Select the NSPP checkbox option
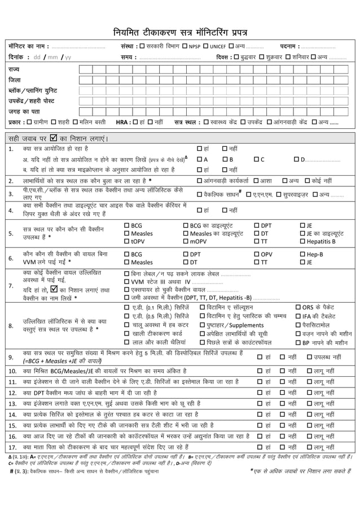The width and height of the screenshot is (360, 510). (184, 46)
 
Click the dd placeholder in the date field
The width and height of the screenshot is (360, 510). (38, 58)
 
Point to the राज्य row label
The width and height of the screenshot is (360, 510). (14, 70)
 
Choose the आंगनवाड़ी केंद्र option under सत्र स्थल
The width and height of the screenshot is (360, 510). (270, 122)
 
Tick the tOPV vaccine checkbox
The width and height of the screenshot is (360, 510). (126, 242)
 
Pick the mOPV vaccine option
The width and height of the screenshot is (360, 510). (186, 242)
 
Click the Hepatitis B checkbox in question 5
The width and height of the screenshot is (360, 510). (302, 242)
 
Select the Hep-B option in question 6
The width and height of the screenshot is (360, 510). (302, 254)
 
